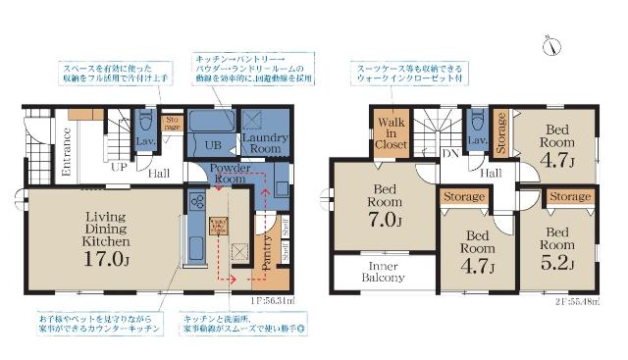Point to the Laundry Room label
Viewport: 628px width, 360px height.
coord(263,144)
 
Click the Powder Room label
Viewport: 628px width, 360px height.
coord(234,174)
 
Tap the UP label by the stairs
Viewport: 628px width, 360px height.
coord(120,168)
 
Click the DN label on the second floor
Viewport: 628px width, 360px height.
coord(452,154)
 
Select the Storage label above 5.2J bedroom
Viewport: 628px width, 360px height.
coord(569,197)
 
